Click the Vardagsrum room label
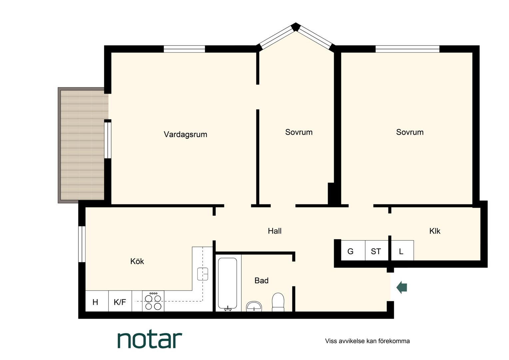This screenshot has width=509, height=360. point(186,134)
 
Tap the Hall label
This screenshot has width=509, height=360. point(274,231)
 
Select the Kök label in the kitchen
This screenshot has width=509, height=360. point(137,261)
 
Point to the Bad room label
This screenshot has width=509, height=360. point(261,281)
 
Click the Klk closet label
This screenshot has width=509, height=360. point(435,231)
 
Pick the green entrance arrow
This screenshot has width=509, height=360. point(401,287)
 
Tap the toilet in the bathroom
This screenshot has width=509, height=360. point(278,302)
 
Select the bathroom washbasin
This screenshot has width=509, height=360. point(254,306)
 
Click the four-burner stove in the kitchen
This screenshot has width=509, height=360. point(153,301)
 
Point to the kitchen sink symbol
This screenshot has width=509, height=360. point(203,274)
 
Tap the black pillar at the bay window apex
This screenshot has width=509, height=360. point(295,27)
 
